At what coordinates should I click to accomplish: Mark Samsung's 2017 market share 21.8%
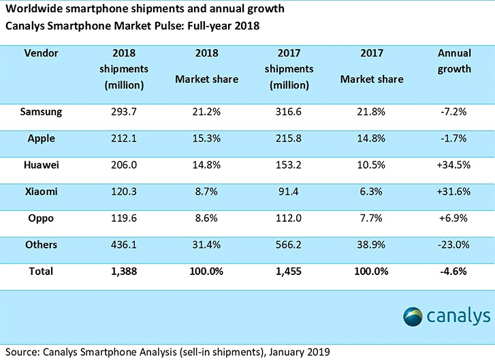pos(371,112)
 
